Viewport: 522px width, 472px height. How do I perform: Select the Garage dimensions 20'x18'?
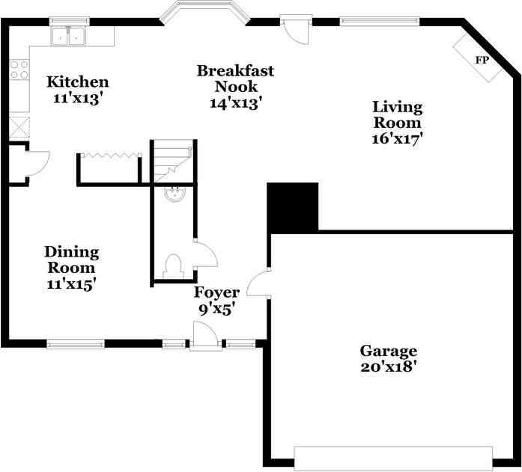(388, 367)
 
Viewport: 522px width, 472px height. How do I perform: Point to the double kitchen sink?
(69, 35)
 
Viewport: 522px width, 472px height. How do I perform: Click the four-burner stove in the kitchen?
(19, 70)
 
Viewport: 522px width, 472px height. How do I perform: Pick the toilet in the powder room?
(174, 266)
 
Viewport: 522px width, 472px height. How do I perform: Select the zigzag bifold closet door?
(110, 156)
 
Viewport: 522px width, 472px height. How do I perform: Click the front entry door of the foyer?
(204, 337)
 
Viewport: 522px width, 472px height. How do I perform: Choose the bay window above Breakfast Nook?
(204, 13)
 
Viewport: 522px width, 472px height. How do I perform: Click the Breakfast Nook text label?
(235, 79)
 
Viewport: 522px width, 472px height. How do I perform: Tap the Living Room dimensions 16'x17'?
(398, 138)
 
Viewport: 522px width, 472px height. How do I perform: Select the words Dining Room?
(71, 260)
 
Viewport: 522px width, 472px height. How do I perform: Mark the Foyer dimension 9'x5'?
(216, 308)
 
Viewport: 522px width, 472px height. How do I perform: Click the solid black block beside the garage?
(293, 206)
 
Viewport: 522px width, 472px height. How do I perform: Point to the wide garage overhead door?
(393, 458)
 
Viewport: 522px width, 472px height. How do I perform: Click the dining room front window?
(76, 344)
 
